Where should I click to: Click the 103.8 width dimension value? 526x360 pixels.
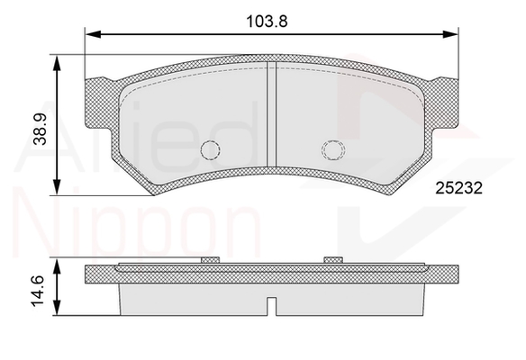[x=267, y=22]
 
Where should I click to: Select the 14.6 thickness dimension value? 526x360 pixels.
[x=38, y=291]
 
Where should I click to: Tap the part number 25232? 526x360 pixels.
[x=458, y=188]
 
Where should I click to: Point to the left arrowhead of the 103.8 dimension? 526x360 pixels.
[x=94, y=34]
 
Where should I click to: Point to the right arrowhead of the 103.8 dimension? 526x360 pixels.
[x=450, y=34]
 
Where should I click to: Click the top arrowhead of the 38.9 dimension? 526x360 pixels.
[x=57, y=63]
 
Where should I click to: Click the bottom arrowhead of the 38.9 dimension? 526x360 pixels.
[x=57, y=187]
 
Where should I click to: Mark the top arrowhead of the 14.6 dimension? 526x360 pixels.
[x=57, y=266]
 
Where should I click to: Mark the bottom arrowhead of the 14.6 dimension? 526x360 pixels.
[x=57, y=308]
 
